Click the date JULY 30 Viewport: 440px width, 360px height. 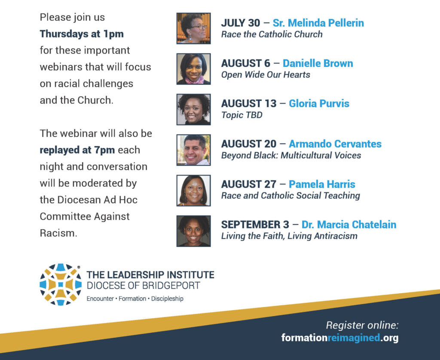tap(241, 23)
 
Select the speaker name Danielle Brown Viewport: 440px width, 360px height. tap(318, 64)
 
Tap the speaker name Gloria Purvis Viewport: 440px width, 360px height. tap(319, 104)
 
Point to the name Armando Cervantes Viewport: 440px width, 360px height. tap(335, 144)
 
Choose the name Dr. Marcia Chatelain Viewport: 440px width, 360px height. tap(349, 225)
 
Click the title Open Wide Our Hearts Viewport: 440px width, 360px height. tap(266, 75)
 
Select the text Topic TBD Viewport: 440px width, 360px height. tap(241, 115)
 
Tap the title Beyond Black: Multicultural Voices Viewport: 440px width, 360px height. tap(291, 156)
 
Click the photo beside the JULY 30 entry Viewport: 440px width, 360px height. tap(194, 28)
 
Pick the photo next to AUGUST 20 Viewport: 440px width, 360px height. tap(194, 150)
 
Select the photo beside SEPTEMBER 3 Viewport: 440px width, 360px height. tap(194, 231)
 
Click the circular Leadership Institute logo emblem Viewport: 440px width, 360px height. tap(61, 284)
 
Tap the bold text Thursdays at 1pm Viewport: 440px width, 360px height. tap(82, 34)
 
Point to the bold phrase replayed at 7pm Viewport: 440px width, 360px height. tap(77, 150)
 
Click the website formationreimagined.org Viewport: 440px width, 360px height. tap(340, 338)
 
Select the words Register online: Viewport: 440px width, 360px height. tap(362, 325)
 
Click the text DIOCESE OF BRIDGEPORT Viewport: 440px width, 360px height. tap(144, 286)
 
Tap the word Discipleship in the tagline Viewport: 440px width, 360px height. tap(167, 299)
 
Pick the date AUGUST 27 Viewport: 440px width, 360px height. tap(249, 185)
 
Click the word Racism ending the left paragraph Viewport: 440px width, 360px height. tap(58, 234)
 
